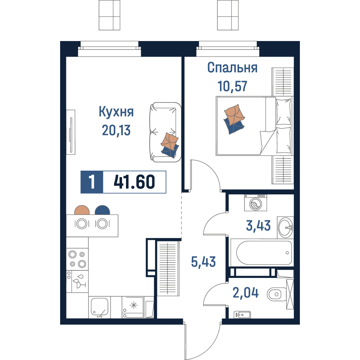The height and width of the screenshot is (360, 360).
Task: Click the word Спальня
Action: tap(232, 68)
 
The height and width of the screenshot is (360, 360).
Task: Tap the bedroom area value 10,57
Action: tap(232, 86)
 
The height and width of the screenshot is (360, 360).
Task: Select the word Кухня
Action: tap(116, 112)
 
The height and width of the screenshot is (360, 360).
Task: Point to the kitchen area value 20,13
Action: tap(116, 130)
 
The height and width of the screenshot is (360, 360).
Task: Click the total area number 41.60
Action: tap(134, 182)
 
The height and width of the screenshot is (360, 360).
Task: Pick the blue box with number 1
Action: tap(92, 182)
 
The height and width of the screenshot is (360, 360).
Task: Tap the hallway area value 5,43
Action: tap(203, 262)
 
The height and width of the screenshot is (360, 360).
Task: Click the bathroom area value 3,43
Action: tap(258, 225)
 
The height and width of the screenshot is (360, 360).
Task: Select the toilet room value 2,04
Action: tap(246, 293)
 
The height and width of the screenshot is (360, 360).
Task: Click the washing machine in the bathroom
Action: tap(256, 203)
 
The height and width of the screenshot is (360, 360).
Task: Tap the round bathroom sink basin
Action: tap(285, 228)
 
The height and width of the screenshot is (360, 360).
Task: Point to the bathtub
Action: tap(262, 253)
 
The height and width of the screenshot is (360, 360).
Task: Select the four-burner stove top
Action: tap(77, 259)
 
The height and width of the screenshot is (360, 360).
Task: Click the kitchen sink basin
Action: tap(99, 307)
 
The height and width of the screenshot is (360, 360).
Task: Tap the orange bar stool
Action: tap(82, 210)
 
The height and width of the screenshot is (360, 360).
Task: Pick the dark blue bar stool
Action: tap(102, 210)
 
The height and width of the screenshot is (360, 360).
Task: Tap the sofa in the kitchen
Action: tap(165, 132)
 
